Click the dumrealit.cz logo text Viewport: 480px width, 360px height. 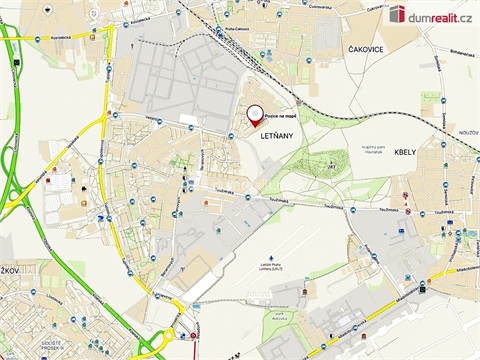(x=440, y=13)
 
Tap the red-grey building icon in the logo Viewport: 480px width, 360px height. (x=397, y=13)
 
